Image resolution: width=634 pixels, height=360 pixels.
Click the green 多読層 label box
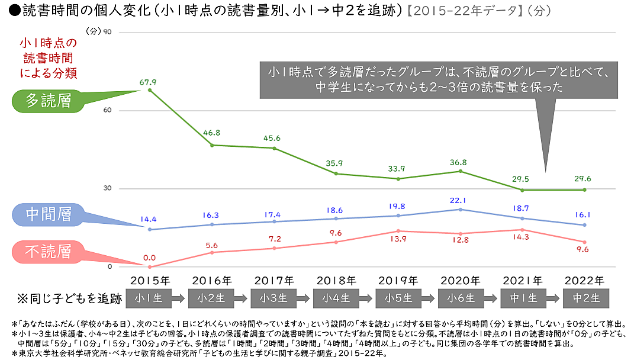(x=49, y=101)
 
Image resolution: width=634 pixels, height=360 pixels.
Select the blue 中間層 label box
(x=49, y=215)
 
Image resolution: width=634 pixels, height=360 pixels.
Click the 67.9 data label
(x=149, y=82)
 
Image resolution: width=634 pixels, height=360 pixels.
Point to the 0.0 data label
(x=149, y=258)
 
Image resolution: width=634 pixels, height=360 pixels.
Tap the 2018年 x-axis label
(x=336, y=280)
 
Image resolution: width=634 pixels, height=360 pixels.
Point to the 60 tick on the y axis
(x=108, y=111)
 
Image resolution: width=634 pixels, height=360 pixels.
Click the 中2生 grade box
(x=584, y=298)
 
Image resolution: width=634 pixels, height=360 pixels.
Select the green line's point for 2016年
(x=212, y=145)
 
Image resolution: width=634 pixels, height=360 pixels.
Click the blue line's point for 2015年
(x=149, y=230)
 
